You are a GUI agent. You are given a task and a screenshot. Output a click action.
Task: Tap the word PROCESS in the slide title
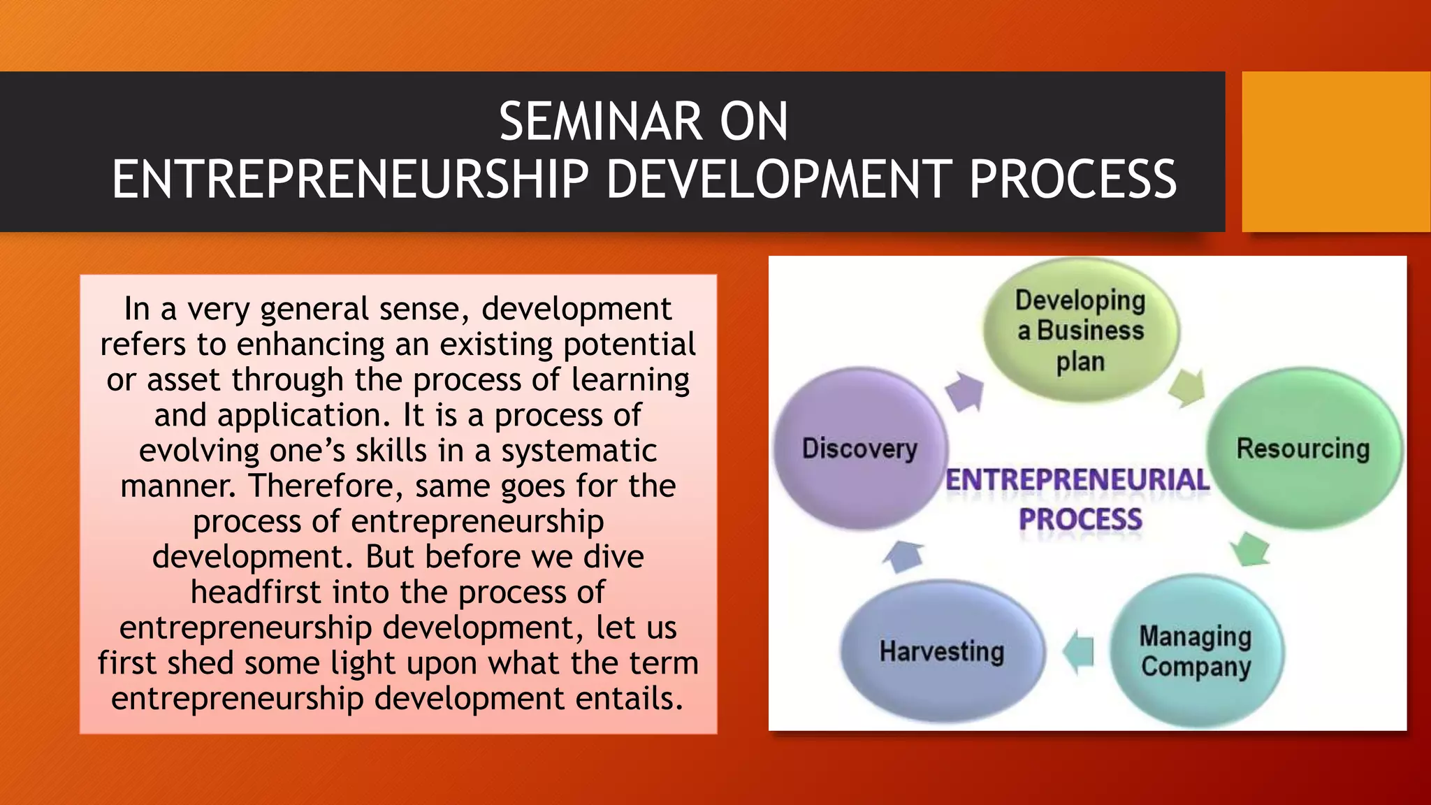coord(1073,180)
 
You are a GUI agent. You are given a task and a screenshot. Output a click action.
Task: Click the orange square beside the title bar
coord(1335,152)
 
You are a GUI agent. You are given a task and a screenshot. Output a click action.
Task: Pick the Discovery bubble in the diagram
coord(859,449)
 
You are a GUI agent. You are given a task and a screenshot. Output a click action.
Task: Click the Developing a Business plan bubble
coord(1080,331)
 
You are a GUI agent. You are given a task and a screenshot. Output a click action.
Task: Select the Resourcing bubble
coord(1302,449)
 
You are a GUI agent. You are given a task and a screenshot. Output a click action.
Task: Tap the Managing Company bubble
coord(1196,651)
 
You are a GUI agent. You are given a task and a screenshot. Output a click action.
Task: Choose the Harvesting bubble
coord(941,651)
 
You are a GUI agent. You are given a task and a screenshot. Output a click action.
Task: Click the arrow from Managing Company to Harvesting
coord(1079,652)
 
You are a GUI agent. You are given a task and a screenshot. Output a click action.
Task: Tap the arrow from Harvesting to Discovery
coord(903,556)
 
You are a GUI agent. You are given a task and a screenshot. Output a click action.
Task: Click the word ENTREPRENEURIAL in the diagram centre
coord(1077,481)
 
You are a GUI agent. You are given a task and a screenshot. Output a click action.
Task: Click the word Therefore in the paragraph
coord(326,486)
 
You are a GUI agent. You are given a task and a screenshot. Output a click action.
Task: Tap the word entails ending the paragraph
coord(628,699)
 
